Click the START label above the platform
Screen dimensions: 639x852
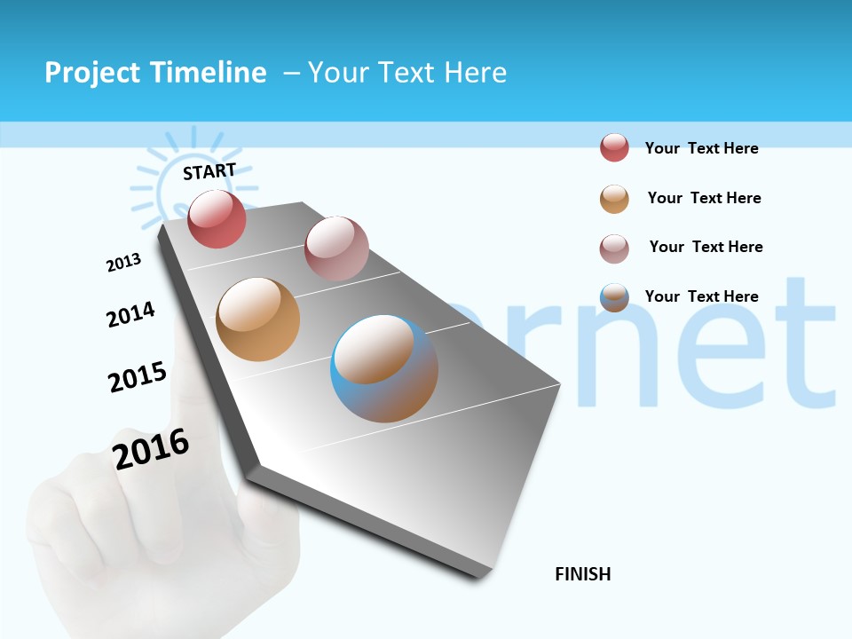point(209,171)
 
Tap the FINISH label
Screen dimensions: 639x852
point(582,574)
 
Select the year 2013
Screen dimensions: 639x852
point(123,263)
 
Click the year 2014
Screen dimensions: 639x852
point(130,314)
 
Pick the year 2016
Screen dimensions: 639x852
point(151,448)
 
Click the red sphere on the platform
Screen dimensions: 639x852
point(217,219)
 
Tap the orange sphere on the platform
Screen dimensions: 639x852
point(258,319)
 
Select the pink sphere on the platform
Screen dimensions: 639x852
point(336,248)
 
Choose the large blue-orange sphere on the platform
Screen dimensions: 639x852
point(384,368)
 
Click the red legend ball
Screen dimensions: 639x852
point(614,147)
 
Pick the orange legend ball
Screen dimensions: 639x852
point(614,199)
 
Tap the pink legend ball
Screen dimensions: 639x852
point(614,248)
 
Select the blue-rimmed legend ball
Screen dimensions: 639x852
point(614,297)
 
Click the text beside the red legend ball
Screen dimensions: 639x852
point(701,148)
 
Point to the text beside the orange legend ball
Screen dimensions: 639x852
point(704,198)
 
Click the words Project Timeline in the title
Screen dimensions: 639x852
point(155,73)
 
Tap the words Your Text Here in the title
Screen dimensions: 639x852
point(406,73)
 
